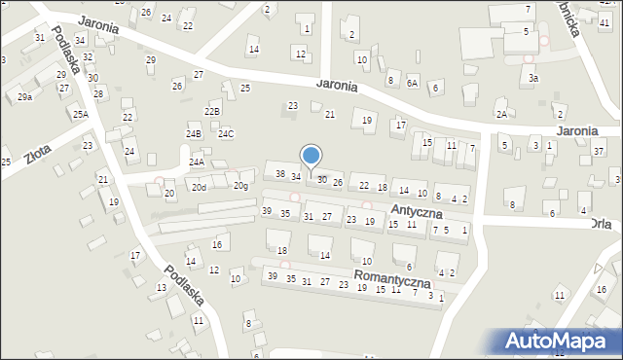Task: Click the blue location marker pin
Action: pyautogui.click(x=311, y=156)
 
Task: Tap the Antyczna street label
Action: pyautogui.click(x=417, y=211)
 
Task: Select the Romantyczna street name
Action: pyautogui.click(x=392, y=277)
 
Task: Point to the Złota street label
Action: pyautogui.click(x=39, y=154)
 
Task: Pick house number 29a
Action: pyautogui.click(x=25, y=97)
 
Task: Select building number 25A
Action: pyautogui.click(x=80, y=114)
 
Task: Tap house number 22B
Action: pyautogui.click(x=212, y=112)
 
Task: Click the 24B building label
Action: pyautogui.click(x=194, y=133)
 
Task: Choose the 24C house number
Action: pyautogui.click(x=226, y=133)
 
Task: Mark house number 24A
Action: pyautogui.click(x=197, y=162)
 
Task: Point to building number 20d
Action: pyautogui.click(x=199, y=187)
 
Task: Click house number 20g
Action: pyautogui.click(x=240, y=186)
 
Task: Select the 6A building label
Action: pyautogui.click(x=412, y=84)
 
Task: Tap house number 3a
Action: pyautogui.click(x=532, y=77)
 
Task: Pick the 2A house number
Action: pyautogui.click(x=500, y=114)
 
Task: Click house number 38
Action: pyautogui.click(x=280, y=174)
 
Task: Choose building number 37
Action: pyautogui.click(x=599, y=151)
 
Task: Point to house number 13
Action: pyautogui.click(x=162, y=287)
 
